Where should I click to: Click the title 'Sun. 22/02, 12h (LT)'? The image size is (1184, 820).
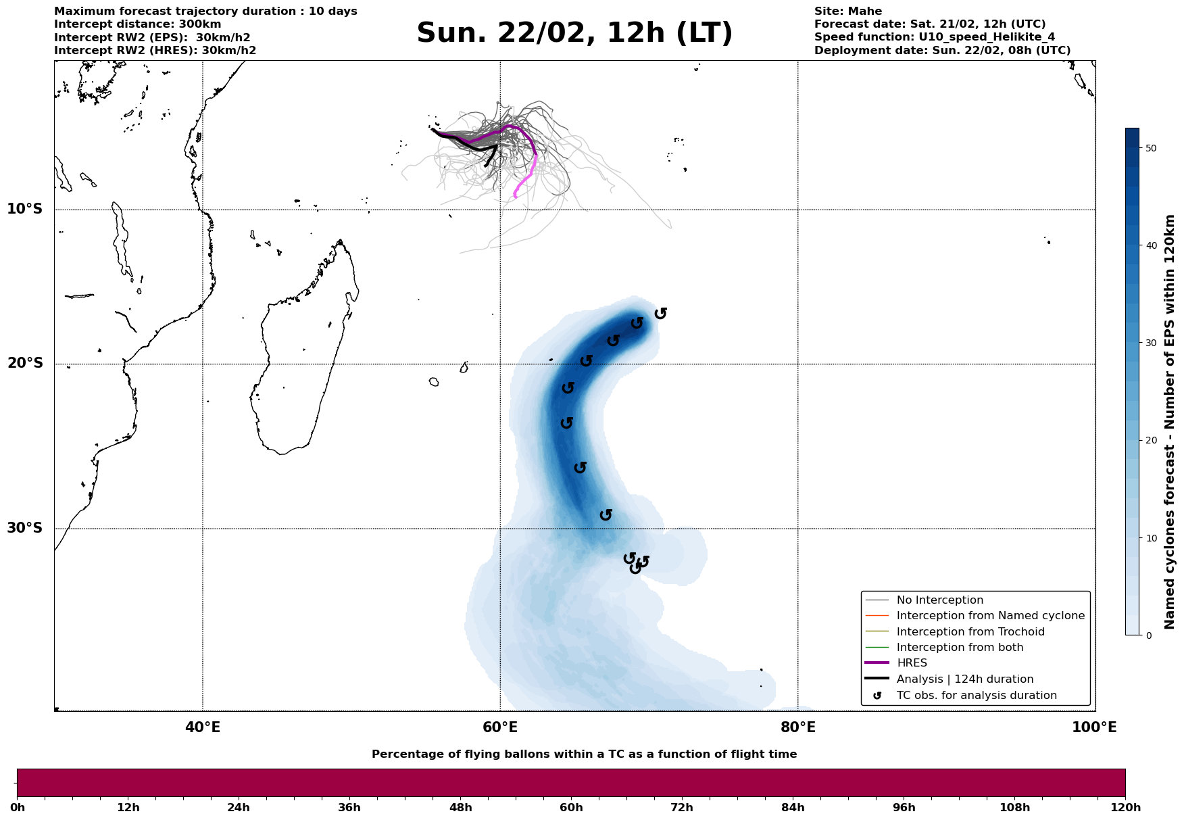574,33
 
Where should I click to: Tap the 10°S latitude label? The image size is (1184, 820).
25,209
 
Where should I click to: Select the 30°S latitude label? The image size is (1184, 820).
25,528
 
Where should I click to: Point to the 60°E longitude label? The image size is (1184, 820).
500,728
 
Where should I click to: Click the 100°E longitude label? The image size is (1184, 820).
1094,728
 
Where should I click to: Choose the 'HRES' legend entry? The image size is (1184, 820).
912,663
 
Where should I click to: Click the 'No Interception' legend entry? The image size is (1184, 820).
939,600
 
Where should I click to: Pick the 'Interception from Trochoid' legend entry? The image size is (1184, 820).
970,632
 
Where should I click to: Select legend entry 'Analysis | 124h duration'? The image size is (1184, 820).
964,679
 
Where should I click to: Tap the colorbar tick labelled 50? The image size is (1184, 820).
1152,148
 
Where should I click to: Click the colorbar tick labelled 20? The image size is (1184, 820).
1152,441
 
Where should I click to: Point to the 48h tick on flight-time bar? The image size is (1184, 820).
460,808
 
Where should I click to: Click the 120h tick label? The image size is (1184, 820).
1125,808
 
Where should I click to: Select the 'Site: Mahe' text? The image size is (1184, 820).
847,11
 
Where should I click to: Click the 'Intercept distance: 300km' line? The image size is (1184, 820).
137,24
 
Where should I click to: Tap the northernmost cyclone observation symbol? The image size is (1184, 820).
661,313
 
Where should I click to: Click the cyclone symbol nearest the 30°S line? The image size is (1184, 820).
606,515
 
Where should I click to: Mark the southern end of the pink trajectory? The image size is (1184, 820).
516,196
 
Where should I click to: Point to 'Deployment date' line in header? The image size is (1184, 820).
942,51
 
